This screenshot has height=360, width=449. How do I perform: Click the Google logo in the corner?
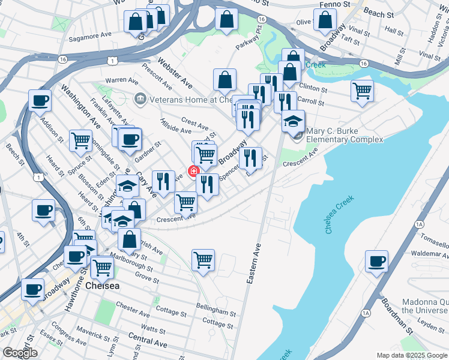click(x=20, y=353)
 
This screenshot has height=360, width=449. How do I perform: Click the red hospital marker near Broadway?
click(x=193, y=172)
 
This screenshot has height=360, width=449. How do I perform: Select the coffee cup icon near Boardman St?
click(x=376, y=262)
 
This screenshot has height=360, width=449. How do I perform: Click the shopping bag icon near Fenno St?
click(x=325, y=20)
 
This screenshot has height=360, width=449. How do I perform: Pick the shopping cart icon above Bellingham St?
click(x=203, y=260)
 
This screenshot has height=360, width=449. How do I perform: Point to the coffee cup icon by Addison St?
click(x=40, y=101)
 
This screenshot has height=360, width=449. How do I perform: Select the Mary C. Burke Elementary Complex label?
click(x=344, y=136)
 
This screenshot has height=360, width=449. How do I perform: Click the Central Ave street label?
click(x=148, y=343)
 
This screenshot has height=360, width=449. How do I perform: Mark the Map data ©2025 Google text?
click(x=411, y=355)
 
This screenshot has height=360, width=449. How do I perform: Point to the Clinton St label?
click(x=313, y=88)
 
